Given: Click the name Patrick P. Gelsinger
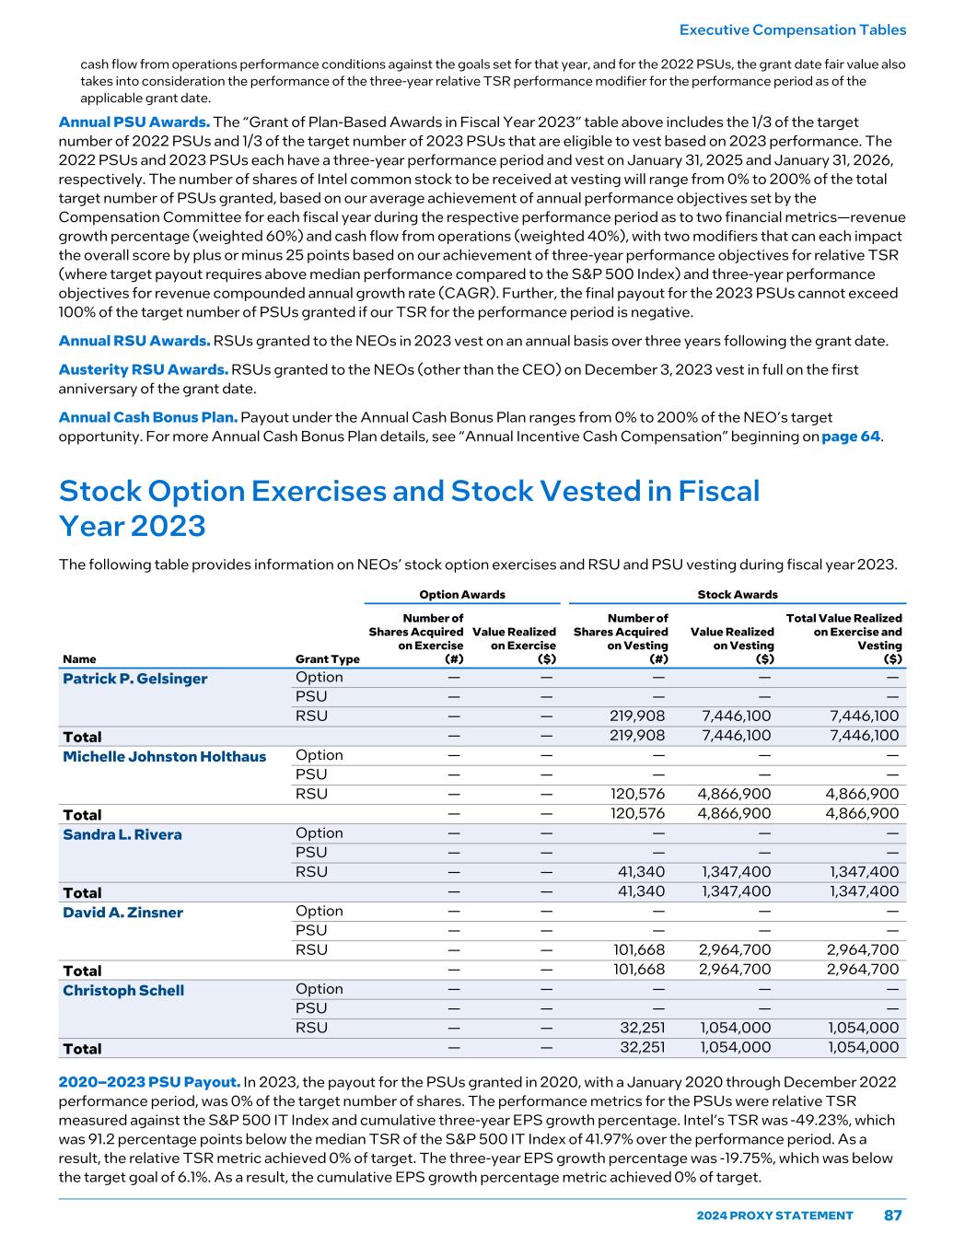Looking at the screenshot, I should click(134, 679).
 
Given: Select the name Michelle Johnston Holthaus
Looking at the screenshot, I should click(164, 757).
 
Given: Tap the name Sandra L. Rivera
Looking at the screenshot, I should click(122, 834).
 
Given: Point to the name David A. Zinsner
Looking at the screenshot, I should click(122, 913).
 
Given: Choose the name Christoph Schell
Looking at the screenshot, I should click(122, 991).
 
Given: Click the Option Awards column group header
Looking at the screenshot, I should click(462, 595).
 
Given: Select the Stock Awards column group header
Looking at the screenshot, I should click(738, 595).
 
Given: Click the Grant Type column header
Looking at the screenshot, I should click(327, 659).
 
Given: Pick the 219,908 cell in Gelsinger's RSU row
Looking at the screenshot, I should click(637, 716).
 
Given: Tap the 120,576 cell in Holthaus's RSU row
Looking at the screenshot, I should click(637, 794).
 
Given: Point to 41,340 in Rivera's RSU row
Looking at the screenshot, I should click(643, 871).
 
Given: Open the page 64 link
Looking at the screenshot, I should click(851, 436).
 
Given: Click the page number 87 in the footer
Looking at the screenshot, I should click(892, 1216).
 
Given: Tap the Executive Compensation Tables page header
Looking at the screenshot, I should click(792, 29).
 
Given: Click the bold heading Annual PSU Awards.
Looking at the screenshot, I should click(134, 122).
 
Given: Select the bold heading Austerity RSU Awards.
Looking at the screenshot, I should click(143, 369).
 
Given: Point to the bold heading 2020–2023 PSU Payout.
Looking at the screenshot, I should click(149, 1081).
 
